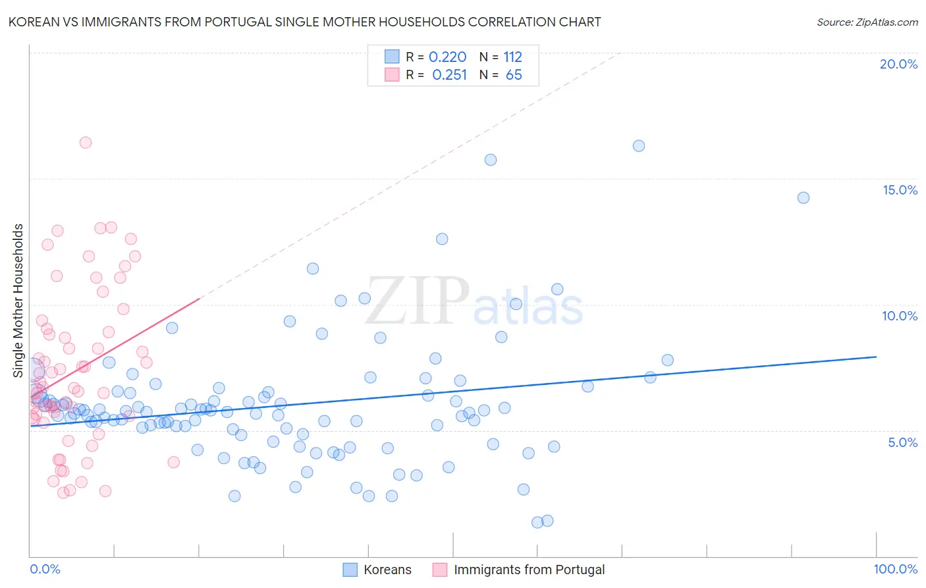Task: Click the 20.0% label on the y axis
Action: click(x=898, y=64)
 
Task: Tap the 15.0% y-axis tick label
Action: click(x=900, y=190)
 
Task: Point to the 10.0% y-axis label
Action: click(x=900, y=316)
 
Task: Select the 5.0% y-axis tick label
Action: click(x=902, y=442)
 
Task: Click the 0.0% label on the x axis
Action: click(x=45, y=569)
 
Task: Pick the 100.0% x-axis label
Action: click(x=895, y=569)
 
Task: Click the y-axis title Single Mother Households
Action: click(x=18, y=300)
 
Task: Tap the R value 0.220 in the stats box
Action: click(x=447, y=57)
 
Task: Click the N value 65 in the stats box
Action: click(x=514, y=75)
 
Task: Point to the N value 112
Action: click(x=512, y=57)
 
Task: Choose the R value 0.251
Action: click(x=449, y=75)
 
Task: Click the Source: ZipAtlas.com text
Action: click(x=867, y=22)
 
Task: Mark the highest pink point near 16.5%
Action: click(x=86, y=142)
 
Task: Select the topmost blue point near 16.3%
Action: click(x=639, y=146)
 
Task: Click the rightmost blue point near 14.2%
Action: click(x=803, y=198)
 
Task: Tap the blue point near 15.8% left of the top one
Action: click(x=491, y=160)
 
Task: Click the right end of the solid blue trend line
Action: click(x=876, y=357)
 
